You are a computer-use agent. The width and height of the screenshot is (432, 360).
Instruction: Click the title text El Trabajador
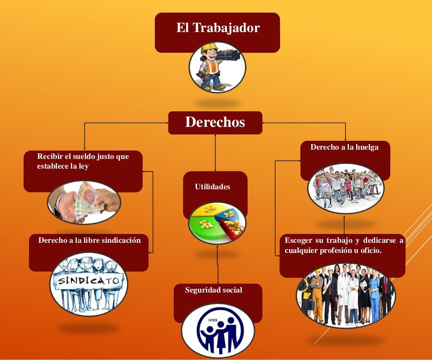coord(218,28)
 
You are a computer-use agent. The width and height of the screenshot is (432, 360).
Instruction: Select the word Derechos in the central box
coord(215,122)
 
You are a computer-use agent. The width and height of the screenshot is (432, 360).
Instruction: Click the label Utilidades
coord(213,187)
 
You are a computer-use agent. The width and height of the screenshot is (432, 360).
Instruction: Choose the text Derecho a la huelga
coord(344,148)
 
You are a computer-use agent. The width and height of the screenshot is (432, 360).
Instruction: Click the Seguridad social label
coord(213,290)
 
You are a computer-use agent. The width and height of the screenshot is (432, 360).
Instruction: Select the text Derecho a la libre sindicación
coord(89,240)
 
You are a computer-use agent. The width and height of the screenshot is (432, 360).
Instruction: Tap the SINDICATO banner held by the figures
coord(89,280)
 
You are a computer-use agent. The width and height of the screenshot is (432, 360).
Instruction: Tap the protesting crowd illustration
coord(346,188)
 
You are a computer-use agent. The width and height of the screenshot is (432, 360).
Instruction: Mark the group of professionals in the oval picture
coord(346,295)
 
